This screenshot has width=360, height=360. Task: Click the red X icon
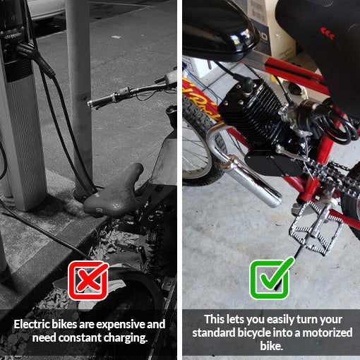pos(88,280)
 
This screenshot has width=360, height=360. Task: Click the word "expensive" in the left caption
pos(118,324)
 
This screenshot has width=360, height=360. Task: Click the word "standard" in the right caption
pos(212,332)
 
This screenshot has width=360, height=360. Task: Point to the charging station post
pos(21,106)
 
